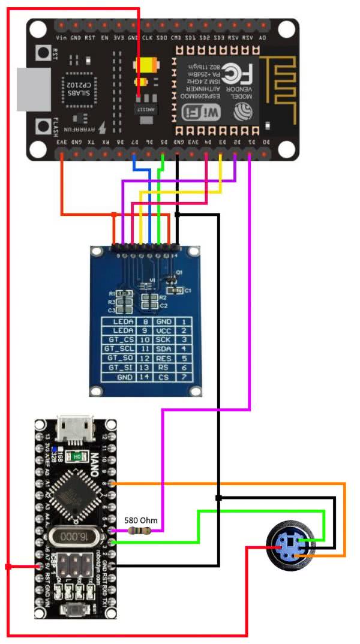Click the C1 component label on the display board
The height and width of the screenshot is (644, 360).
tap(187, 290)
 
